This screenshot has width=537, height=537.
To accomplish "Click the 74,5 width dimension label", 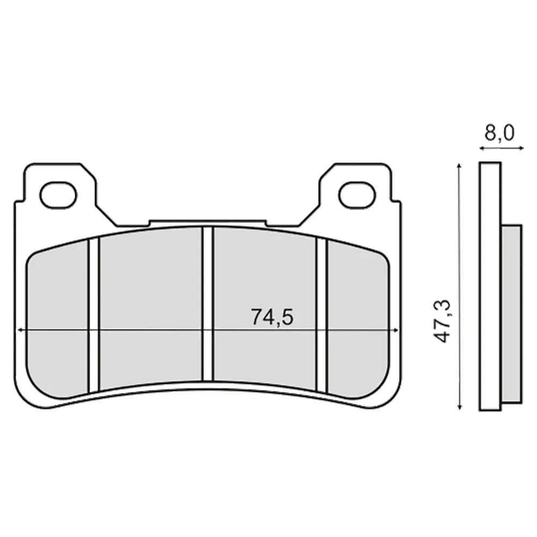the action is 272,316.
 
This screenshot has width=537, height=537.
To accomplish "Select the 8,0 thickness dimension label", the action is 499,133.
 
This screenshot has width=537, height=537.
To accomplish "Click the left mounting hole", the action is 59,195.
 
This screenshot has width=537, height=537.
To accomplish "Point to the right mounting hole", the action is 357,195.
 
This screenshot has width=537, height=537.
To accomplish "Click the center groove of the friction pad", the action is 207,304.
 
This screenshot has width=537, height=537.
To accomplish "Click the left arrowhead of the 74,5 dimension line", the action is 20,330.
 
